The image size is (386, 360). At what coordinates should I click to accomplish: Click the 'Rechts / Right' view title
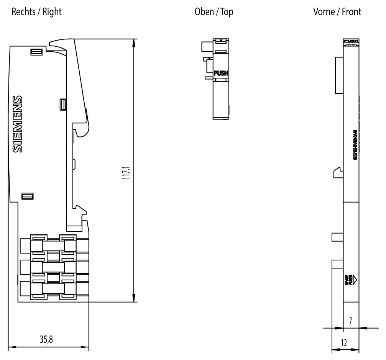pyautogui.click(x=36, y=12)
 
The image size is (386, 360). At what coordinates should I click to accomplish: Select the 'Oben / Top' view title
pyautogui.click(x=214, y=12)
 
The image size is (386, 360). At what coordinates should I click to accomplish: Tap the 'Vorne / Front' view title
pyautogui.click(x=337, y=12)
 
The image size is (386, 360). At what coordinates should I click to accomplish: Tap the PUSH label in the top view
pyautogui.click(x=220, y=73)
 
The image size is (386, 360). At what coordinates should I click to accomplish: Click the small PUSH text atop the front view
pyautogui.click(x=351, y=41)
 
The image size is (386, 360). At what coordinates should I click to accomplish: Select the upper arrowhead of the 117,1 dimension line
pyautogui.click(x=133, y=43)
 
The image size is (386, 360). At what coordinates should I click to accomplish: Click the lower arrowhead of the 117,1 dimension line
pyautogui.click(x=133, y=298)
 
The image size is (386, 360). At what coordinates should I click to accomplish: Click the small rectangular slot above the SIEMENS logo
pyautogui.click(x=36, y=52)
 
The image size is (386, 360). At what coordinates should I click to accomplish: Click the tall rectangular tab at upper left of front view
pyautogui.click(x=339, y=75)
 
